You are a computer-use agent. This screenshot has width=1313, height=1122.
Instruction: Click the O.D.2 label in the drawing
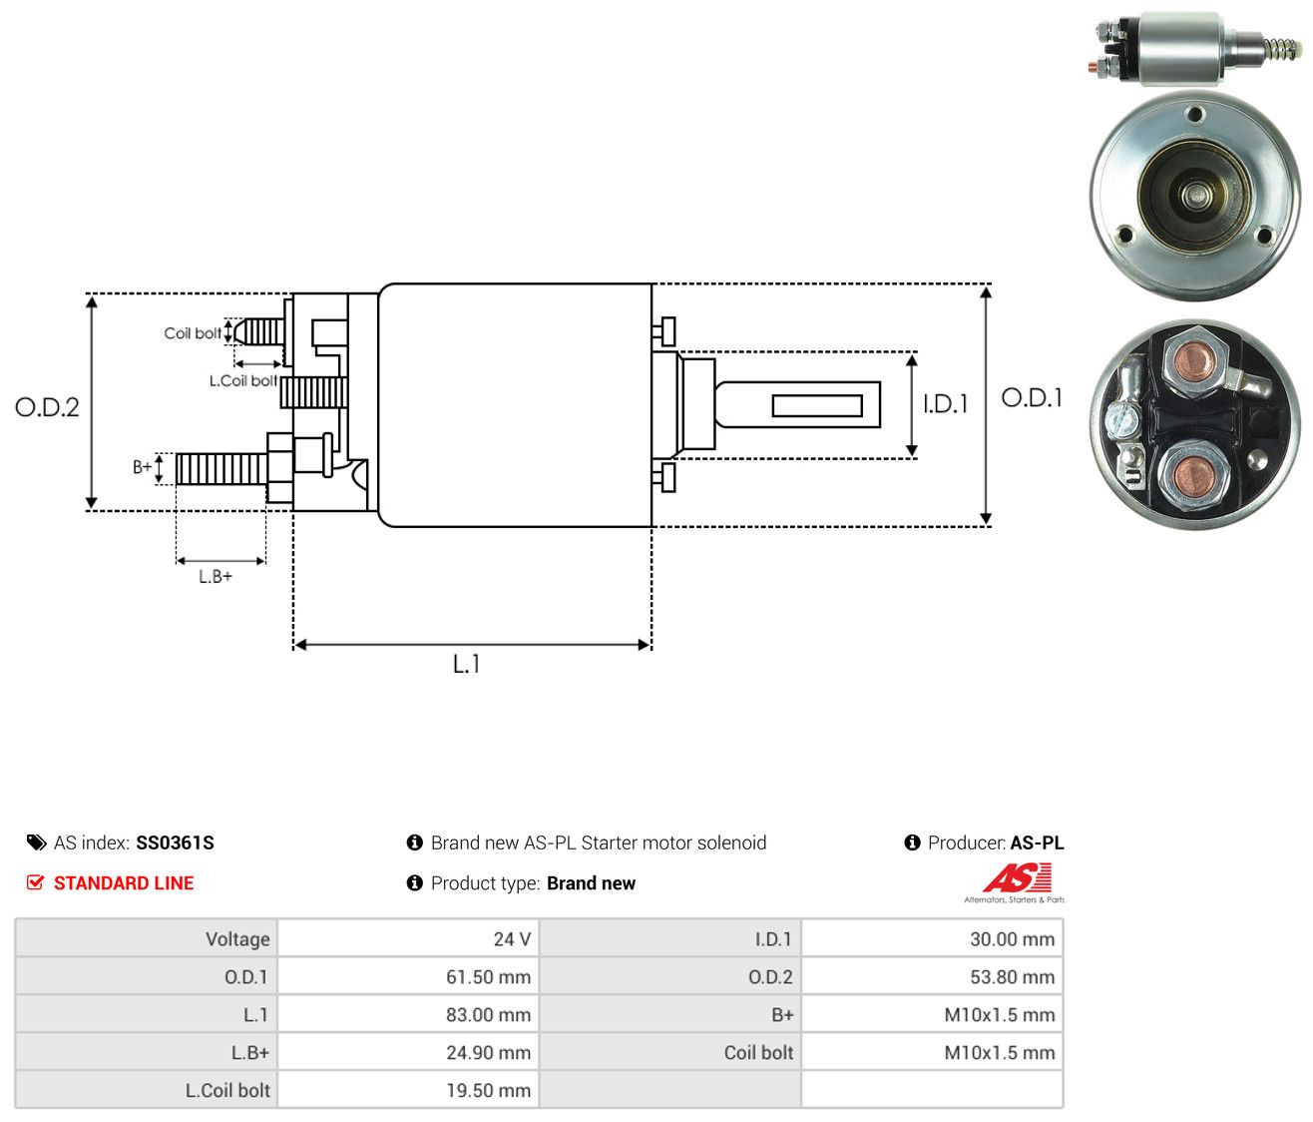pyautogui.click(x=47, y=407)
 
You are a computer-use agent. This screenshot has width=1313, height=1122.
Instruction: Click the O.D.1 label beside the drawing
pyautogui.click(x=1031, y=398)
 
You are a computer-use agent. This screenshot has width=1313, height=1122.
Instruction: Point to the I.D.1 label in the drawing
pyautogui.click(x=945, y=403)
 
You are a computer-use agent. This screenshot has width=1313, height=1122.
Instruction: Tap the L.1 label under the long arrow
pyautogui.click(x=466, y=664)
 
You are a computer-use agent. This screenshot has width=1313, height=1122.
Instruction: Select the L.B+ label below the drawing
pyautogui.click(x=216, y=577)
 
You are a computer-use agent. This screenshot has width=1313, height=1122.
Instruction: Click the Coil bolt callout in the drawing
pyautogui.click(x=193, y=333)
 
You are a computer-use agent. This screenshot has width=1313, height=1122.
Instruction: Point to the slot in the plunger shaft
pyautogui.click(x=817, y=405)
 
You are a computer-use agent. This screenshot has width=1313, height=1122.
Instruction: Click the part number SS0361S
pyautogui.click(x=175, y=842)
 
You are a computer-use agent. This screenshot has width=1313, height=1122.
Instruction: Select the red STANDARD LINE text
pyautogui.click(x=124, y=883)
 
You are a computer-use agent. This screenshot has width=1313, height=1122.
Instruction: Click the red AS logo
pyautogui.click(x=1017, y=877)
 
